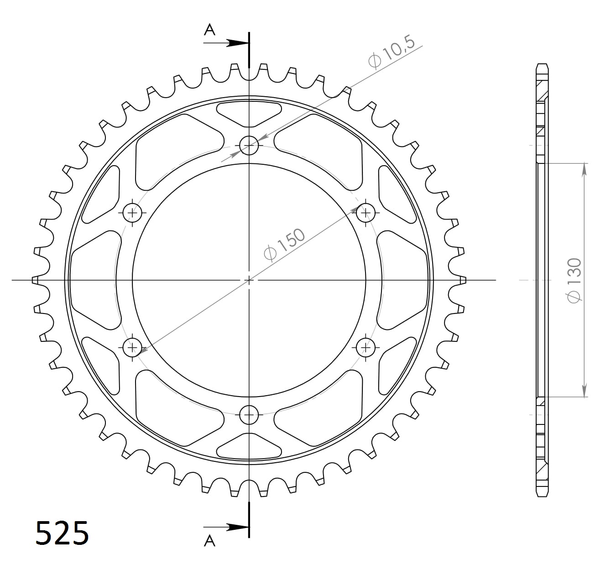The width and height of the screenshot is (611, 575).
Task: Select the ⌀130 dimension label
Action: [574, 279]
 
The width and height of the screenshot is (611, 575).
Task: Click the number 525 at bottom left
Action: [62, 533]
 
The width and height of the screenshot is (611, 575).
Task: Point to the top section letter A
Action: [209, 30]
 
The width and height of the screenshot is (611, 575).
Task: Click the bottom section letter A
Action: [209, 541]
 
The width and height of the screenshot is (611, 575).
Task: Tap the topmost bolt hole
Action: [249, 146]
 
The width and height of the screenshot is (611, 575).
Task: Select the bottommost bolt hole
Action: [249, 415]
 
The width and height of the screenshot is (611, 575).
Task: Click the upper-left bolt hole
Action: [133, 212]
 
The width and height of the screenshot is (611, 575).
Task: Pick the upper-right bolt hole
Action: [366, 212]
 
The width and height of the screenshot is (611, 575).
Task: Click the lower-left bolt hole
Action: [133, 348]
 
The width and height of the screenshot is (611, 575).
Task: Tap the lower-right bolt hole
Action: [366, 348]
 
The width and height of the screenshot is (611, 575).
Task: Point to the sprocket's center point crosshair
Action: [249, 280]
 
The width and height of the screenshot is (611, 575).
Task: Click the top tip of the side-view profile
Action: [542, 64]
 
